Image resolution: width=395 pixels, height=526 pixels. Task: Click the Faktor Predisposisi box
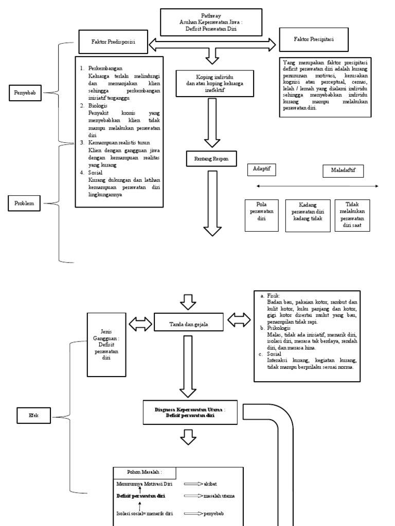pos(114,42)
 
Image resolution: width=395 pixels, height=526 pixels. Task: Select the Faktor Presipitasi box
pos(315,39)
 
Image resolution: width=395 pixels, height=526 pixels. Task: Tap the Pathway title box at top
pos(209,23)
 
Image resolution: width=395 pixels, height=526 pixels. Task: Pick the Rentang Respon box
pos(211,160)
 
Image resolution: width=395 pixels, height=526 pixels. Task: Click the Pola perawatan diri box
pos(261,212)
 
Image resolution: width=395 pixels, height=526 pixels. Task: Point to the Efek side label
pos(33,415)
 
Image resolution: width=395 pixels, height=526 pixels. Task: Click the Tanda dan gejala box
pos(189,323)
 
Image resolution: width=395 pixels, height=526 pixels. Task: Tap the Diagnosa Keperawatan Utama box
pos(190,412)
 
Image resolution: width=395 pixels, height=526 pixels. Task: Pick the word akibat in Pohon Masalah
pos(212,484)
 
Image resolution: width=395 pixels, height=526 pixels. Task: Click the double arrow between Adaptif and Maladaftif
pos(317,186)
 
